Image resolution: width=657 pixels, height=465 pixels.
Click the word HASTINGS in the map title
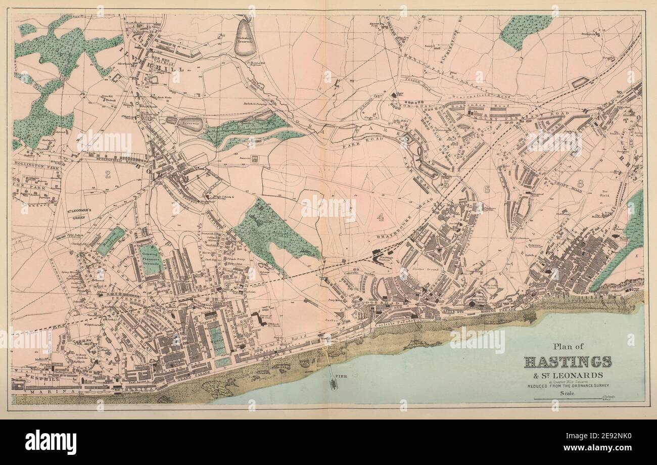[568, 362]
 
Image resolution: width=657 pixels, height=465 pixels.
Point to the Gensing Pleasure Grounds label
[151, 258]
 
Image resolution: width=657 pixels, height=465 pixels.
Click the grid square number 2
[107, 175]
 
